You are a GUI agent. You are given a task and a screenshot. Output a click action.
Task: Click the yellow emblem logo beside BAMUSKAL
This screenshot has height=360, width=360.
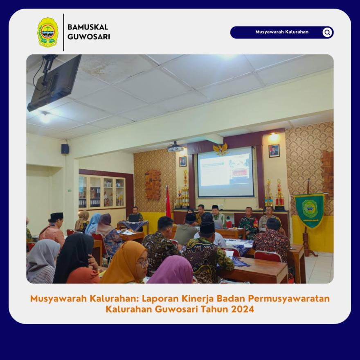pyautogui.click(x=48, y=32)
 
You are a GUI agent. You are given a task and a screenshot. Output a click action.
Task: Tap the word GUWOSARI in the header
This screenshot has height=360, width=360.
pyautogui.click(x=89, y=37)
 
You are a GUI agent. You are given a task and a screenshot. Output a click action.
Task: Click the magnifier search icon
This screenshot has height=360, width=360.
pyautogui.click(x=327, y=32)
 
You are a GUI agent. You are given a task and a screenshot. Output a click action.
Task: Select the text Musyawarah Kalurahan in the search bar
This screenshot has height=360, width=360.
pyautogui.click(x=282, y=32)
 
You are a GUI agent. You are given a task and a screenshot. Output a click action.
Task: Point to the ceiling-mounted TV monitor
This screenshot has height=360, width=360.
pyautogui.click(x=54, y=83)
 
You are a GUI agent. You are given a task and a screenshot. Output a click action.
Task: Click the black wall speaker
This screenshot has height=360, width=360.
pyautogui.click(x=65, y=149)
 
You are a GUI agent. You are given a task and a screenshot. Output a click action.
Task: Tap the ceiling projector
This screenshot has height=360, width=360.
pyautogui.click(x=175, y=147)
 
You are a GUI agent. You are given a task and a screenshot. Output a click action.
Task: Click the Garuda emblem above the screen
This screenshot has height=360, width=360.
pyautogui.click(x=220, y=149)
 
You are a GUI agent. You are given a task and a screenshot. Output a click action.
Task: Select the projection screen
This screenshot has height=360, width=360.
pyautogui.click(x=226, y=172)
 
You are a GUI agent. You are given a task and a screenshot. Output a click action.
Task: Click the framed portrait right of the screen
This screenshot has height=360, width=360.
pyautogui.click(x=274, y=151)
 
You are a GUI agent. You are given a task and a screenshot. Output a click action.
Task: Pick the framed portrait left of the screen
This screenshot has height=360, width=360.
pyautogui.click(x=183, y=162)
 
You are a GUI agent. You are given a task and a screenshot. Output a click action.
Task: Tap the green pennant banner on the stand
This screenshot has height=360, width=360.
pyautogui.click(x=309, y=211)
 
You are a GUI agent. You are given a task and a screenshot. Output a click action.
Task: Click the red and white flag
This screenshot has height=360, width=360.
pyautogui.click(x=168, y=202)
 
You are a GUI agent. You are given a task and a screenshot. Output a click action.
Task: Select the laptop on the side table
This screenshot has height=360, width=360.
pyautogui.click(x=134, y=218)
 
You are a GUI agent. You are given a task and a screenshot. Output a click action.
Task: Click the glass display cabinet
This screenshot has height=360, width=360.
pyautogui.click(x=102, y=192)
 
